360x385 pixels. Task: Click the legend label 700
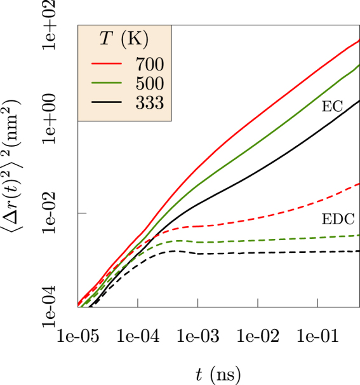point(149,64)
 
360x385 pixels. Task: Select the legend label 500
point(149,83)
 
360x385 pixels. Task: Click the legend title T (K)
point(124,40)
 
